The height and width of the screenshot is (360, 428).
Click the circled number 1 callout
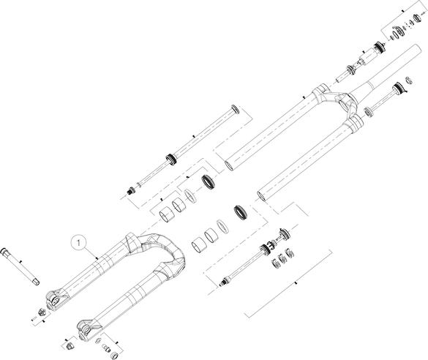[78, 242]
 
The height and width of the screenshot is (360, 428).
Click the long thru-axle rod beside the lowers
[20, 266]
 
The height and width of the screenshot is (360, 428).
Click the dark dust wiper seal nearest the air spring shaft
[209, 181]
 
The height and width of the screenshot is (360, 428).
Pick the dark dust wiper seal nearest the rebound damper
[241, 213]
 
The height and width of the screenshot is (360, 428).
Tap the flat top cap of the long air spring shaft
[235, 109]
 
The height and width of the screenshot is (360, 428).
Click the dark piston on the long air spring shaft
[171, 159]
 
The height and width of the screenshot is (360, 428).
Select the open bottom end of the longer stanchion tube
[228, 165]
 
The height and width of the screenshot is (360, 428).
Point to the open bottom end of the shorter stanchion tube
[262, 196]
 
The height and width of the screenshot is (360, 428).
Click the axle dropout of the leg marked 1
[54, 301]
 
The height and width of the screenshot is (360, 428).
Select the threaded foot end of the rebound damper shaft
[224, 282]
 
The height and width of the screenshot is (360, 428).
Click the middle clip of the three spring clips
[282, 258]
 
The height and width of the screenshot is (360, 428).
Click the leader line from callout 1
[91, 252]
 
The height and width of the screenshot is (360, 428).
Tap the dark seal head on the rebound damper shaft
[265, 249]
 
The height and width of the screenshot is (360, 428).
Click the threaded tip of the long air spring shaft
[131, 190]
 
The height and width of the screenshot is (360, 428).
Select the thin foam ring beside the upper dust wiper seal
[190, 195]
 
